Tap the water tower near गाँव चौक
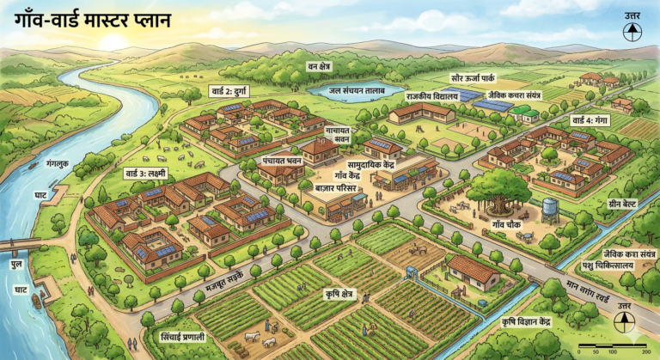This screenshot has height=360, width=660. click(549, 210)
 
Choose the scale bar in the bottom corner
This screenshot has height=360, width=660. click(612, 348)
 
